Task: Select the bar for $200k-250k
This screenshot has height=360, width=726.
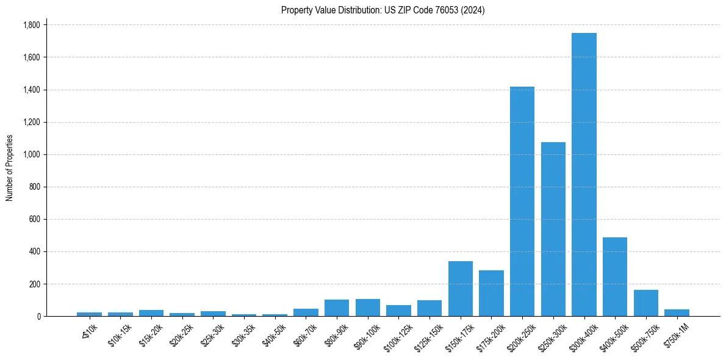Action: tap(522, 201)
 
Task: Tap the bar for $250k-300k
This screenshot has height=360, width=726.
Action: tap(553, 229)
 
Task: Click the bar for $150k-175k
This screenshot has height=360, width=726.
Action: tap(461, 289)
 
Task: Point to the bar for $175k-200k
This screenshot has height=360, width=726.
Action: tap(491, 293)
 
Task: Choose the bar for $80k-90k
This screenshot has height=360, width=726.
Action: tap(337, 308)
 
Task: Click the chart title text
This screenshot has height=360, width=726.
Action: tap(383, 10)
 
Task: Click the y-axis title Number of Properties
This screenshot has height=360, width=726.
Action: tap(10, 168)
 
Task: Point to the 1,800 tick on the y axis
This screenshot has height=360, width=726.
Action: tap(31, 25)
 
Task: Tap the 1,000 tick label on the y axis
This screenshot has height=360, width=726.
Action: tap(31, 154)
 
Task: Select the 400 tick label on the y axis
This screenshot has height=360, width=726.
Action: tap(35, 251)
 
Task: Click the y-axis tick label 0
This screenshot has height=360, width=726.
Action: tap(38, 316)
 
